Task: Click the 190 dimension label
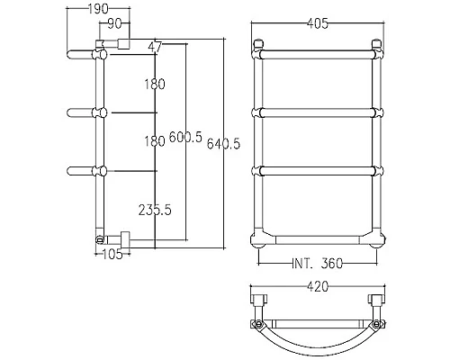(x=98, y=9)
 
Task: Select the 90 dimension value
(x=114, y=24)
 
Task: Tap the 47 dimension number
(x=155, y=47)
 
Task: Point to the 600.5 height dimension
(x=185, y=137)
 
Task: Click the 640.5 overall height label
(x=223, y=144)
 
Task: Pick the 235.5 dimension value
(x=155, y=210)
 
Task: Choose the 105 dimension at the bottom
(x=112, y=255)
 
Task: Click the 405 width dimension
(x=318, y=23)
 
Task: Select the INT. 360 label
(x=317, y=264)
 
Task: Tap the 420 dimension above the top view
(x=318, y=286)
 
